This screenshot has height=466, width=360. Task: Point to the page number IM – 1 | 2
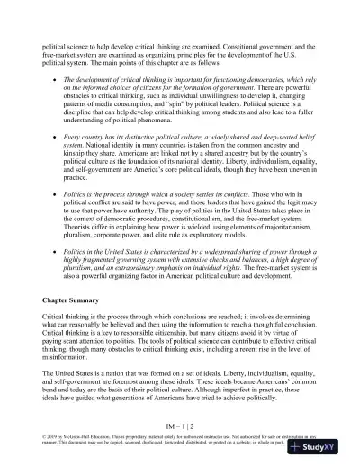click(x=180, y=424)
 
